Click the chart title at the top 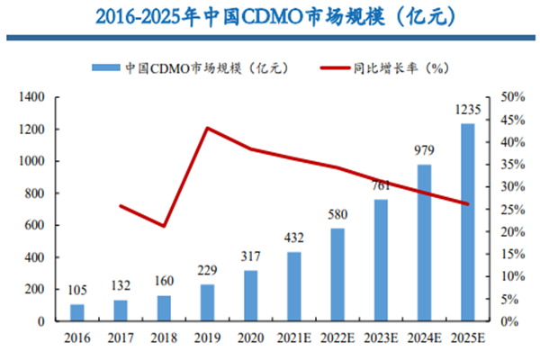(x=269, y=16)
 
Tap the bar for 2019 (x=206, y=302)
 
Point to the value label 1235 (x=466, y=111)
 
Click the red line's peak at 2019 (x=207, y=128)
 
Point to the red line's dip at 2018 (x=164, y=226)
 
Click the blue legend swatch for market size (x=106, y=67)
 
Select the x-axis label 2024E (x=423, y=338)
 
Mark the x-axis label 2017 (x=121, y=338)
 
